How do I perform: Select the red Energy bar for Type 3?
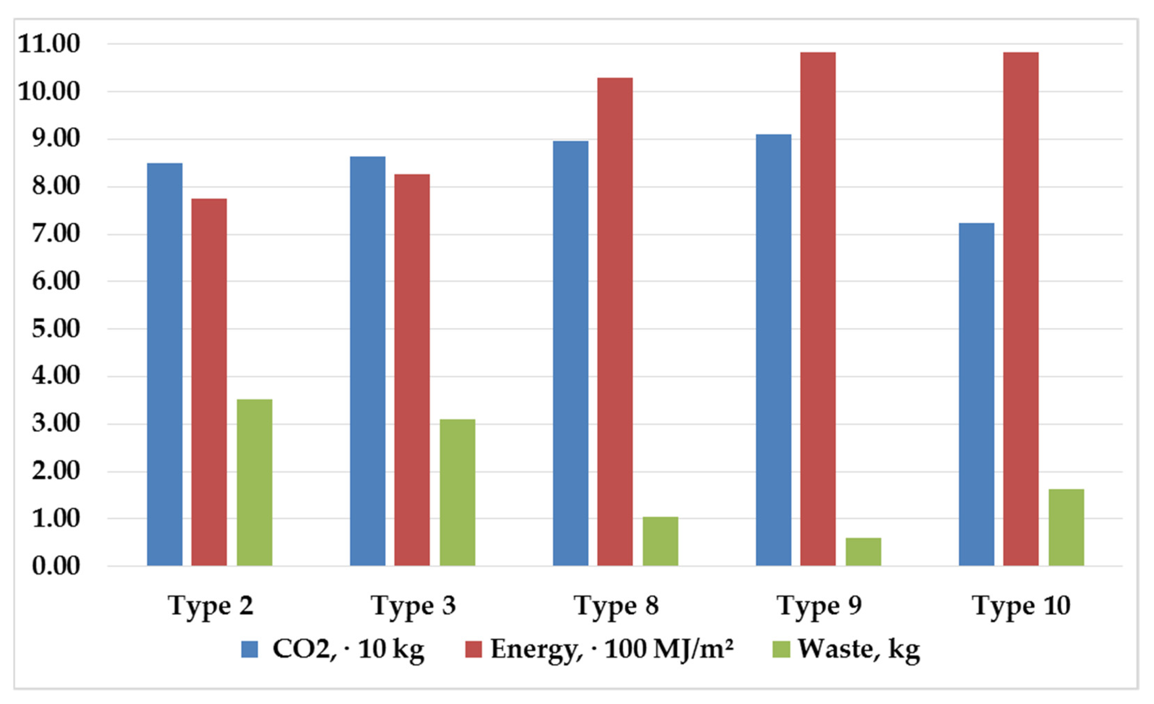pos(412,370)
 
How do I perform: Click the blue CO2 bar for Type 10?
pos(976,394)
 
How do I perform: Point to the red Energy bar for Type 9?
pos(818,309)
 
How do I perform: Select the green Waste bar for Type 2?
pos(254,482)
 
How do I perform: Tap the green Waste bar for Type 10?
pos(1066,527)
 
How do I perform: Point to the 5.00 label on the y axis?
pos(56,329)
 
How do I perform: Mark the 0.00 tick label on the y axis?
pos(56,566)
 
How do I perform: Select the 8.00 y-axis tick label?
pos(56,186)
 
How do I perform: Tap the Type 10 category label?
pos(1021,606)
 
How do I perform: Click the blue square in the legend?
pos(249,649)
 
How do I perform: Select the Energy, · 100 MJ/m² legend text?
pos(611,649)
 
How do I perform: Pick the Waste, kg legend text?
pos(859,649)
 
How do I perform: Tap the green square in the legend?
pos(781,649)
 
